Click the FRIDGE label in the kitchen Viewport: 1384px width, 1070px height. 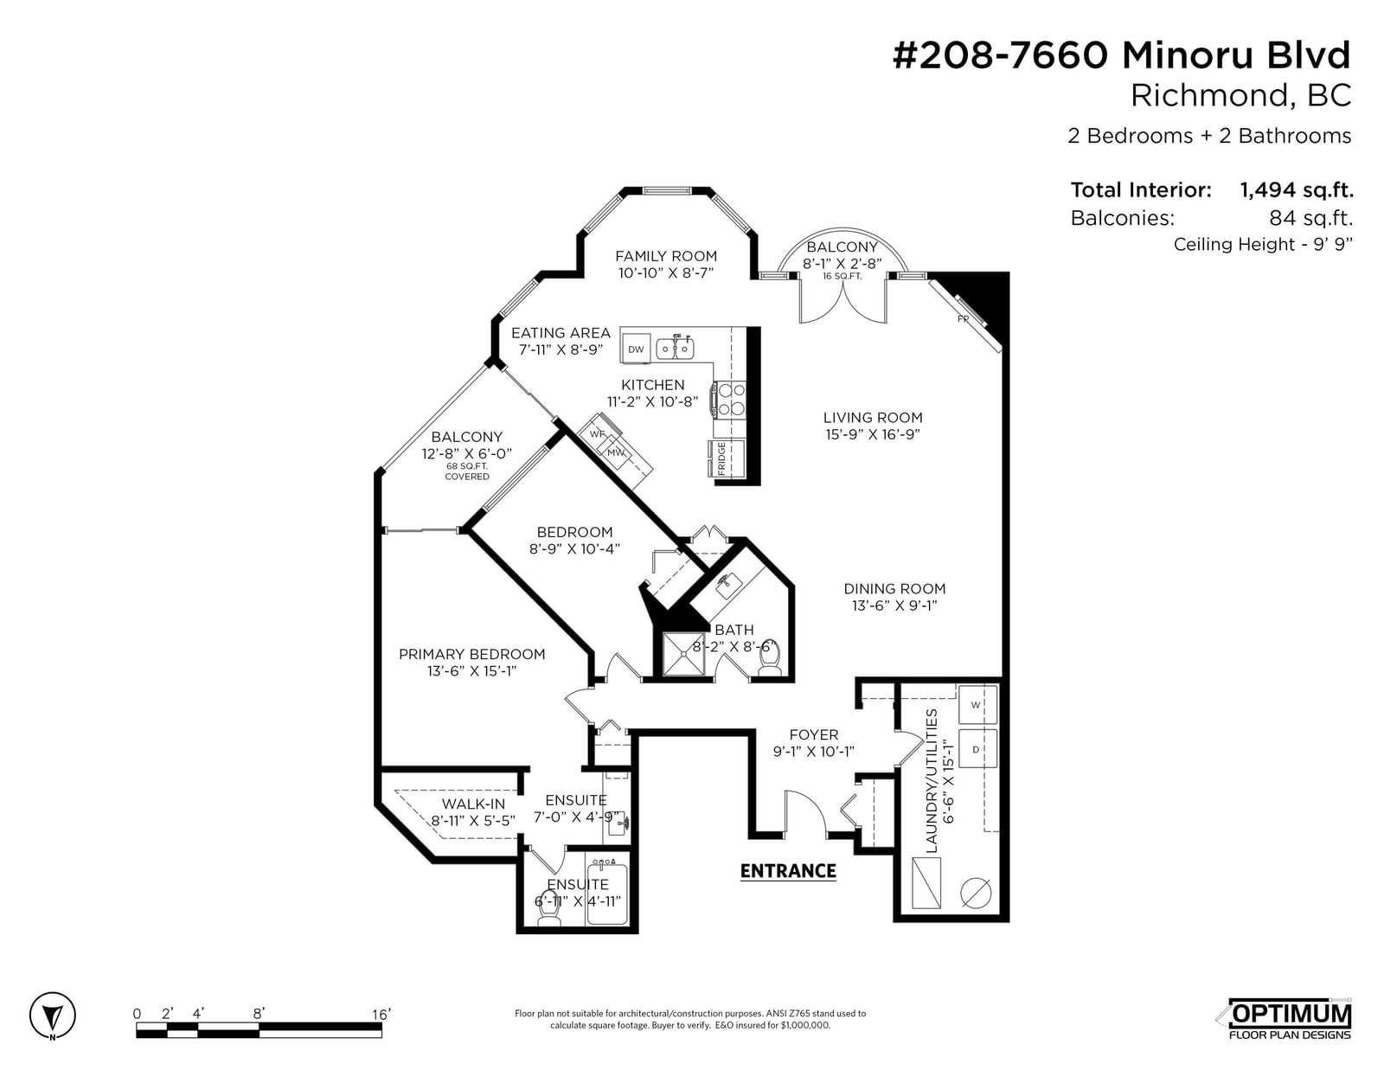click(x=721, y=458)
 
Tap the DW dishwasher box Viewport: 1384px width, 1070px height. click(x=636, y=349)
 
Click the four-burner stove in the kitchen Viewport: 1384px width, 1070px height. click(x=731, y=400)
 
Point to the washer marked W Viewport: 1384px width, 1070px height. click(x=977, y=704)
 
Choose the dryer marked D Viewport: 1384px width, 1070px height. click(x=977, y=749)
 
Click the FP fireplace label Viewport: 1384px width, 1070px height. click(x=963, y=318)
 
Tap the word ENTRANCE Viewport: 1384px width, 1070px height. click(x=788, y=871)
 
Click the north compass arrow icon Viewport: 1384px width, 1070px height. click(x=52, y=1016)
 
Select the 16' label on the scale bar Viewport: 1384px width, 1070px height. click(x=381, y=1014)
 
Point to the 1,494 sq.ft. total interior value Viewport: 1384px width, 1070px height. click(x=1296, y=189)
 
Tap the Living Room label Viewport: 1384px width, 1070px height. click(x=873, y=418)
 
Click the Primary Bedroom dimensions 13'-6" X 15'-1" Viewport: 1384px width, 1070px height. click(x=471, y=670)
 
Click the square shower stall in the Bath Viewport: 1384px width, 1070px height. click(x=684, y=654)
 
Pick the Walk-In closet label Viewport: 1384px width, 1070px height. click(x=473, y=804)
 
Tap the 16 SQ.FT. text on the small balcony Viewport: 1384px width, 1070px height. click(x=842, y=277)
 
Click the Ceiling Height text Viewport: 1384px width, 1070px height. click(x=1262, y=245)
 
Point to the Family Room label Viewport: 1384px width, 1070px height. click(x=665, y=256)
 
